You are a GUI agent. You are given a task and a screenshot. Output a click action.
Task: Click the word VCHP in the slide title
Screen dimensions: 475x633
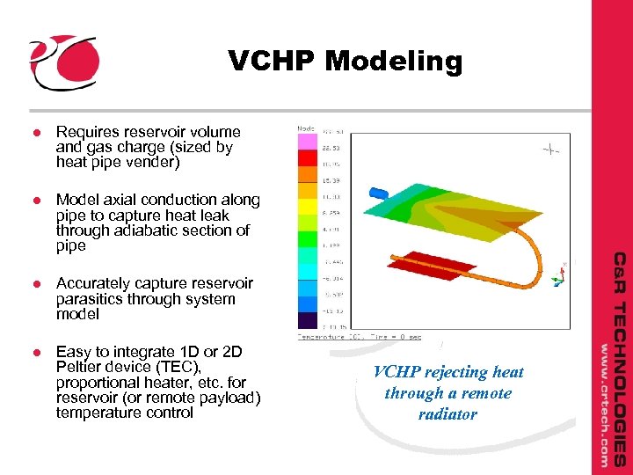tap(272, 62)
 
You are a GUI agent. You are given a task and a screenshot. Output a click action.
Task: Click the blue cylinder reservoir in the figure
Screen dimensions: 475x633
tap(379, 191)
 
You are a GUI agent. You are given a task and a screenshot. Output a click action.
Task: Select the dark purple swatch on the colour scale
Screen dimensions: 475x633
tap(307, 321)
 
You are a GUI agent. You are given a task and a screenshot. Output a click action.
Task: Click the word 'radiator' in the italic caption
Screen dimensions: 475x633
tap(447, 413)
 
